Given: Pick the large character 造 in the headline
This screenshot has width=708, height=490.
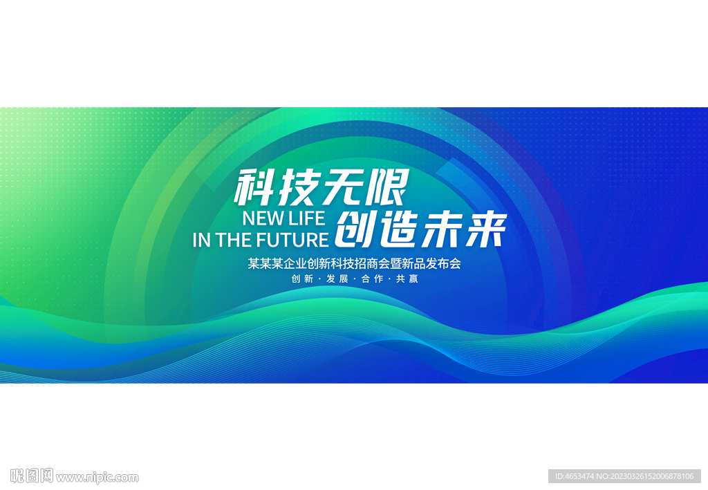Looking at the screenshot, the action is point(399,229).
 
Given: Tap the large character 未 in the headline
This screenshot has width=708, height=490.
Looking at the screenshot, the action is point(442,229).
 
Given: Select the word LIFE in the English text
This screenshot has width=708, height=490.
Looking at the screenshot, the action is point(307,218).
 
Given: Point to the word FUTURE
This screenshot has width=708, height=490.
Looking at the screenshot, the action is point(295,240).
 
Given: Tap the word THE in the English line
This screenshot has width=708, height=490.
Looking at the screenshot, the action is point(235,240).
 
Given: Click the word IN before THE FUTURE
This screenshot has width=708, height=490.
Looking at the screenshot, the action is point(201,240).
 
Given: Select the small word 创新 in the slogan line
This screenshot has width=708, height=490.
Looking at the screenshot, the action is point(303,279).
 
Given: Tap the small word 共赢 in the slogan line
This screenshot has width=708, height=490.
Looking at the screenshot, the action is point(407,279).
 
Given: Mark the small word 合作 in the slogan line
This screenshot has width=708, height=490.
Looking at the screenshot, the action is point(372,279).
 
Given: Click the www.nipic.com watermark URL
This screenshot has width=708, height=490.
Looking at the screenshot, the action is point(97,478).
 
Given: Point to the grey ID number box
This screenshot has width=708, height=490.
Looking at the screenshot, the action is point(624,476).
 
